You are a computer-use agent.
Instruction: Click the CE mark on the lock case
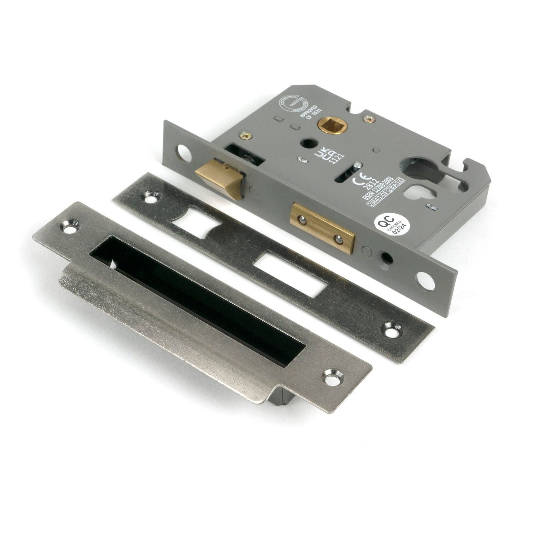(x=359, y=183)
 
